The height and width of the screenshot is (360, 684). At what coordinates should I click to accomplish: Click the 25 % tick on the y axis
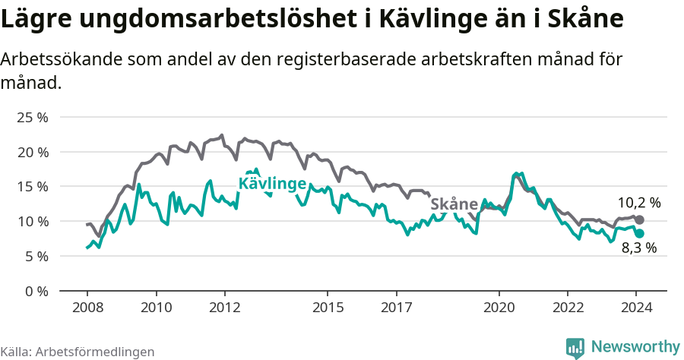click(x=33, y=118)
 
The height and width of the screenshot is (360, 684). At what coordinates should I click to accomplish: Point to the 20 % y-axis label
click(x=33, y=153)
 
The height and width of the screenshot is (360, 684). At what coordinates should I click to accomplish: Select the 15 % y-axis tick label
click(x=33, y=187)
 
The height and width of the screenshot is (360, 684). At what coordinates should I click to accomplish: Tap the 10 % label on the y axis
click(x=33, y=222)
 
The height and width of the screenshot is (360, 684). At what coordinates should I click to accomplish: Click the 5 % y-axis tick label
click(x=36, y=257)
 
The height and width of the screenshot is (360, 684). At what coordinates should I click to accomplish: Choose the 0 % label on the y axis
click(x=36, y=291)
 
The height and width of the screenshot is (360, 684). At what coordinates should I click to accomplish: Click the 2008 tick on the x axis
click(x=87, y=308)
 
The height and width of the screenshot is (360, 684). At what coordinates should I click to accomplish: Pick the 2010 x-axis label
click(x=156, y=308)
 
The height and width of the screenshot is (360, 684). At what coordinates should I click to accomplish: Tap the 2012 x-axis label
click(x=225, y=308)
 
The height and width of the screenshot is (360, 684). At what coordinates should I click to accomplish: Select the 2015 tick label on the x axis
click(x=328, y=308)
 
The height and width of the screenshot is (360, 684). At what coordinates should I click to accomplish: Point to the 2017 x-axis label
click(x=396, y=308)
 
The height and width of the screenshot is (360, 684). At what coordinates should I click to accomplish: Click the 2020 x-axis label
click(x=499, y=308)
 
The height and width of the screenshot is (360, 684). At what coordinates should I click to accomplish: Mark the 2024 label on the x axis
click(x=637, y=308)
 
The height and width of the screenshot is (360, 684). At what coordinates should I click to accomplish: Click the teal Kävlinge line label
click(x=272, y=184)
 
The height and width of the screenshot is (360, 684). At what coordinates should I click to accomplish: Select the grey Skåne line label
click(x=454, y=204)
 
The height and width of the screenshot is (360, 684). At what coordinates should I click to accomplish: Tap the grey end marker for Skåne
click(x=639, y=219)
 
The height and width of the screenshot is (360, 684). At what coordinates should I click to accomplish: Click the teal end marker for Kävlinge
click(x=639, y=233)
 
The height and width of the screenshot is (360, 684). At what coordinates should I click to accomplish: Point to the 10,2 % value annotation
click(x=638, y=203)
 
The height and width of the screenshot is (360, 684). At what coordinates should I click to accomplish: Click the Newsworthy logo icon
click(x=575, y=348)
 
